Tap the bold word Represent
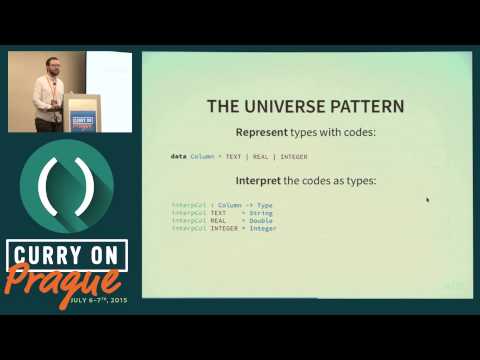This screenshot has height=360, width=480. pos(261,132)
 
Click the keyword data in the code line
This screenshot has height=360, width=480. pos(178,157)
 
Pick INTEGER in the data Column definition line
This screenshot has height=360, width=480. pos(293,157)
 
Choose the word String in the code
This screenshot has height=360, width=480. pos(261,213)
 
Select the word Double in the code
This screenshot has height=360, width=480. pos(262,221)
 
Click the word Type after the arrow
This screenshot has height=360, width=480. pos(264,205)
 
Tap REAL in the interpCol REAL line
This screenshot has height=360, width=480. pos(218,221)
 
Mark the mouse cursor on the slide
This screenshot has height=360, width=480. pos(428,200)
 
